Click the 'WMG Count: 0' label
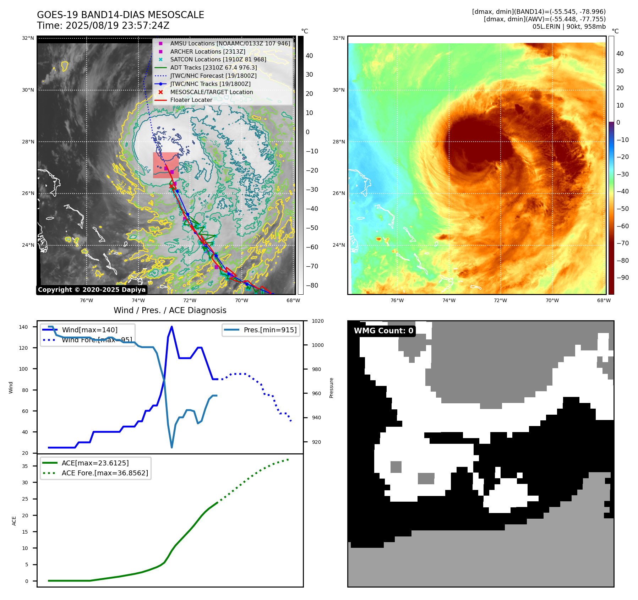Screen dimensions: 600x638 pos(383,331)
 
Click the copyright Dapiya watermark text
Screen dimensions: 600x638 pos(92,290)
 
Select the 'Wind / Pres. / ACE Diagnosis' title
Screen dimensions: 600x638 pos(170,310)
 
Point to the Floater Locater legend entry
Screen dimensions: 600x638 pos(191,100)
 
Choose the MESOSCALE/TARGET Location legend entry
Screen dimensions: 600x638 pos(212,92)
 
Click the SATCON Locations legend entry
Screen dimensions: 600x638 pos(218,60)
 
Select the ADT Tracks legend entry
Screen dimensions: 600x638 pos(213,67)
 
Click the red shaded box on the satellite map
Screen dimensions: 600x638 pos(166,165)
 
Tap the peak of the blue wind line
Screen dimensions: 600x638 pos(172,327)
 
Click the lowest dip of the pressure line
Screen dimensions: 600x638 pos(172,447)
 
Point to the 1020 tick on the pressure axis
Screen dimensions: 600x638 pos(317,321)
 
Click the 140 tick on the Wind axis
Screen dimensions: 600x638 pos(23,327)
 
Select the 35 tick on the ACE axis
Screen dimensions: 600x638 pos(25,466)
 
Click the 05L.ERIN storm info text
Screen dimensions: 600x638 pos(569,27)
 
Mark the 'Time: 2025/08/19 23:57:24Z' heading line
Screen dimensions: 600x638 pos(103,26)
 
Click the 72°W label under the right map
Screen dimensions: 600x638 pos(500,301)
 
